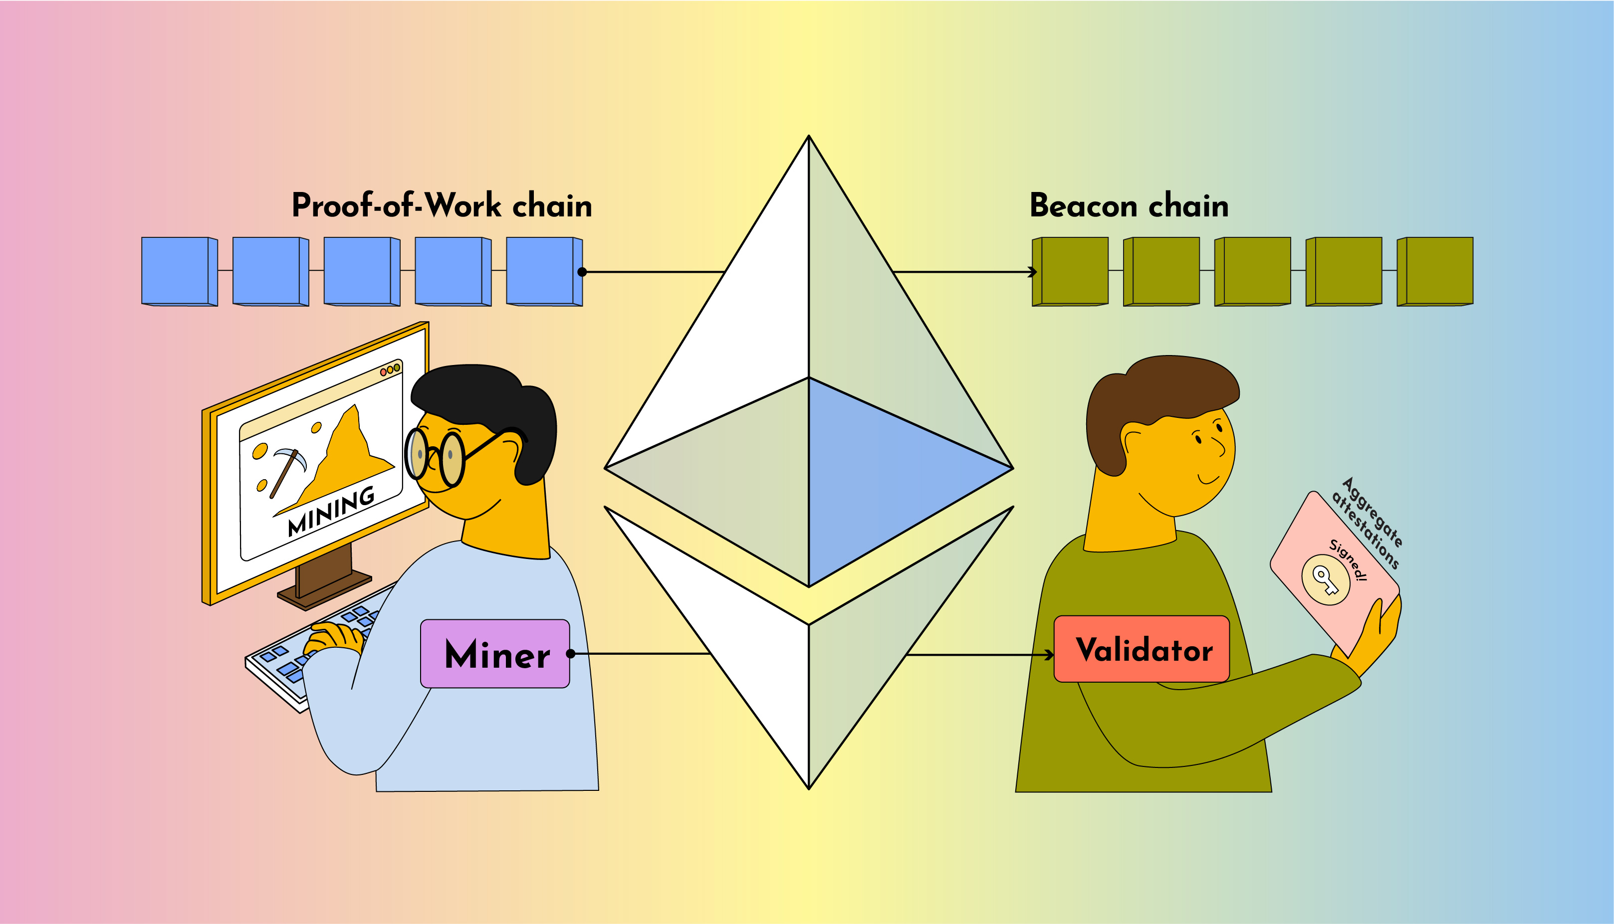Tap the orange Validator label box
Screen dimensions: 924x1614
(1142, 649)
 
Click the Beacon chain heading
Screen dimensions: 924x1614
(1129, 205)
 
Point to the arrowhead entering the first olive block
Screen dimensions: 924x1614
(1034, 272)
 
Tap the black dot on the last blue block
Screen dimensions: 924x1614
(582, 272)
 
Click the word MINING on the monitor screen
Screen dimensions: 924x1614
(331, 511)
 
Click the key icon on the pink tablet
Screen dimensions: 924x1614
(1326, 579)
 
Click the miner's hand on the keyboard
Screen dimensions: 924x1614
(333, 638)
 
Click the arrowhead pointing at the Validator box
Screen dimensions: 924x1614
(1050, 655)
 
